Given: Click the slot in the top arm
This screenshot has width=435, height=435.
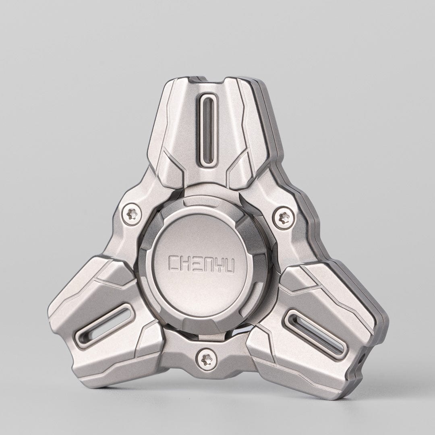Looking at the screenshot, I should pos(208,128).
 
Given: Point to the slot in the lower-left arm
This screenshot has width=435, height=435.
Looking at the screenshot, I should pos(104,326).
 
